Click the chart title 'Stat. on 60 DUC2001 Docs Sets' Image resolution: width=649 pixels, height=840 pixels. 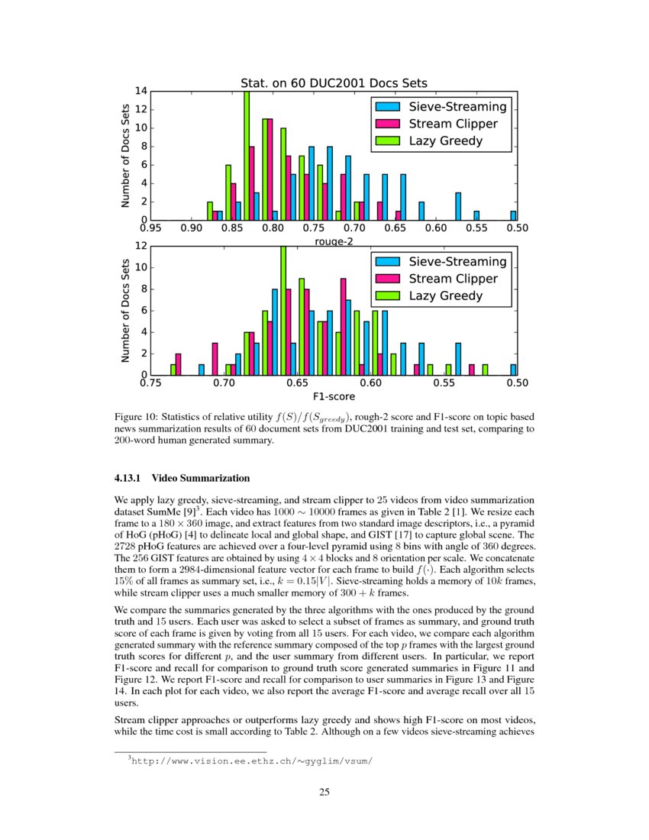(334, 82)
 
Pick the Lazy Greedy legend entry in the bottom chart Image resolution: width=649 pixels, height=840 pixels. (446, 296)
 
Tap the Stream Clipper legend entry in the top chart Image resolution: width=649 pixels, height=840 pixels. (453, 124)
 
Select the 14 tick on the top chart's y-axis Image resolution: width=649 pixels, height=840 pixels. (141, 91)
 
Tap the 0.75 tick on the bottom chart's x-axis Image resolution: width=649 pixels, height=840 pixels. (151, 383)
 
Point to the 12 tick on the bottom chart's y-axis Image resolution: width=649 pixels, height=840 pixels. (141, 247)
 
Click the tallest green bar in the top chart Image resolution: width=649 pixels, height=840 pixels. (247, 156)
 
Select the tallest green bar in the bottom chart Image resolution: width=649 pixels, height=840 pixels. (283, 310)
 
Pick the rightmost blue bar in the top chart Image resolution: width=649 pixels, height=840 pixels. (514, 216)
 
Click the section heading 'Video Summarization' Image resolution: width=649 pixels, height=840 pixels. (201, 479)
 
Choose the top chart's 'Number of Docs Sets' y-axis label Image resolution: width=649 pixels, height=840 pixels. (125, 156)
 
